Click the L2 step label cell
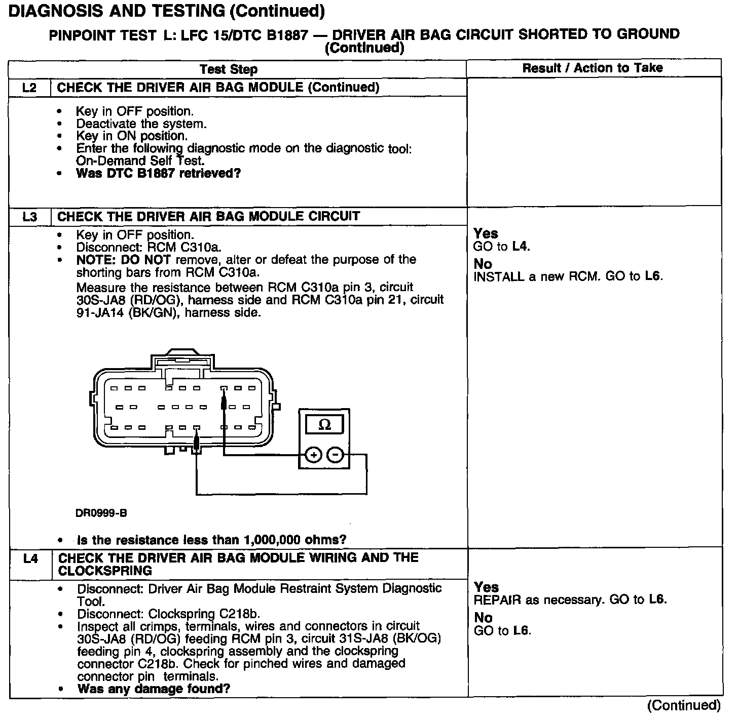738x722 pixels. [30, 88]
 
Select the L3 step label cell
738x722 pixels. [30, 217]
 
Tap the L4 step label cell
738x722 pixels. [30, 559]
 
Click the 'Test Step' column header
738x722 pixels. [228, 69]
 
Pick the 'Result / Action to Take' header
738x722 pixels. [593, 68]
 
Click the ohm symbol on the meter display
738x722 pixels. [324, 425]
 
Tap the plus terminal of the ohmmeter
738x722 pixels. [313, 455]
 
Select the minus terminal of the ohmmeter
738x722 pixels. [335, 455]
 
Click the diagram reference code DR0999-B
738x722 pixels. [101, 513]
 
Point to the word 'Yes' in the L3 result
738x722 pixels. [486, 233]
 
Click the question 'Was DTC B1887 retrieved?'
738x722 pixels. [158, 173]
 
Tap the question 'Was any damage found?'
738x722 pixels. [154, 689]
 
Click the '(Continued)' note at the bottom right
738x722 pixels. [683, 705]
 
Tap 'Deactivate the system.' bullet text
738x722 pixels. [141, 124]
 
